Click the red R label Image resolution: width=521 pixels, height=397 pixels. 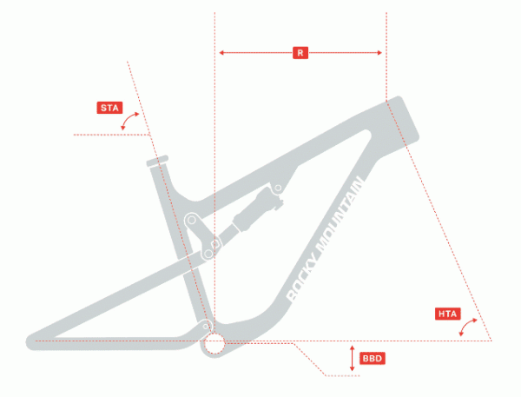point(300,53)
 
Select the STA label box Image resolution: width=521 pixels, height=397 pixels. point(109,108)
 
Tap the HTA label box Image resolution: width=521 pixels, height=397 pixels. point(447,314)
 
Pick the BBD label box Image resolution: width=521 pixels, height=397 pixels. point(373,359)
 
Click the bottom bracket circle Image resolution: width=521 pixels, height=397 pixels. point(214,343)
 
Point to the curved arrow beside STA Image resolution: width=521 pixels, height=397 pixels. point(129,121)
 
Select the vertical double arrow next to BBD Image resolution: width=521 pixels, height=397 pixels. point(353,359)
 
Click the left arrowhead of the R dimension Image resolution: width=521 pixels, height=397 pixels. point(221,52)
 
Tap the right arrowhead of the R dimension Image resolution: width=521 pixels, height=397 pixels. point(379,52)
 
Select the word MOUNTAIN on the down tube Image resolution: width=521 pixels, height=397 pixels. point(340,215)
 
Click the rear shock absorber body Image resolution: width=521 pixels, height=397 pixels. point(258,209)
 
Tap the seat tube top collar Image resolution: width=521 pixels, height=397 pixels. point(157,161)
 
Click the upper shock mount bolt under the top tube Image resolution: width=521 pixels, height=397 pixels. point(278,189)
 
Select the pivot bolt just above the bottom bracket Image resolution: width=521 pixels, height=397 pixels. point(206,327)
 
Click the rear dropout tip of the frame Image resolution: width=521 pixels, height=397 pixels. point(31,341)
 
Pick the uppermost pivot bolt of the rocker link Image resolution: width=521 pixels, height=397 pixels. point(191,220)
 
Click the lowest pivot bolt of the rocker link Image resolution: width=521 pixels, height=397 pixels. point(208,255)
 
